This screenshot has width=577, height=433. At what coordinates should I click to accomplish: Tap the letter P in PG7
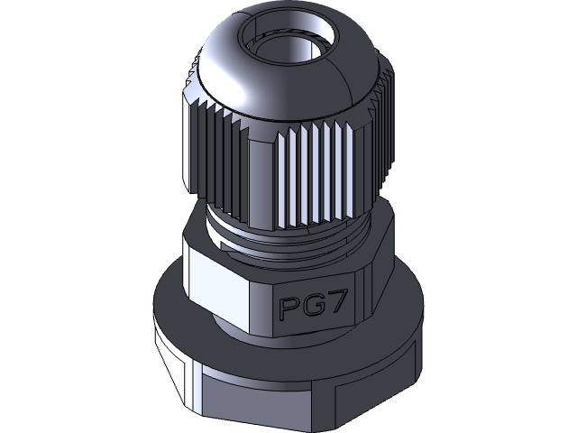tap(289, 309)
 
